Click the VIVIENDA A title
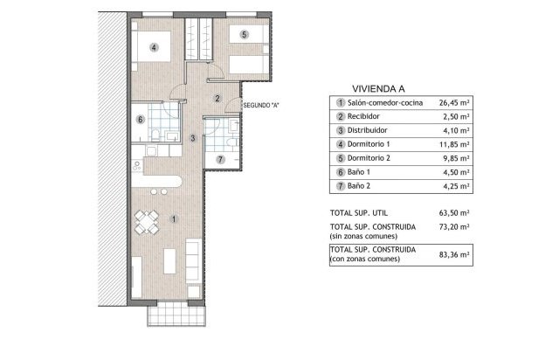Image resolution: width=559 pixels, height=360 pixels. click(x=378, y=89)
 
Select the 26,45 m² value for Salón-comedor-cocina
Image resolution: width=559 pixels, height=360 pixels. click(x=454, y=103)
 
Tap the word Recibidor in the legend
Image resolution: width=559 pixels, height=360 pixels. click(x=363, y=116)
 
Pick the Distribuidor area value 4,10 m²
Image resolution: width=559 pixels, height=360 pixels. click(x=456, y=130)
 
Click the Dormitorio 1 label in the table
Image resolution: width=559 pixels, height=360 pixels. click(x=369, y=144)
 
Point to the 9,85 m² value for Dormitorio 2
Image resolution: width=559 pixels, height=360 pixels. click(x=456, y=158)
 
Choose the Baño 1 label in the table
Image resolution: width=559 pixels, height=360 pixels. click(x=359, y=172)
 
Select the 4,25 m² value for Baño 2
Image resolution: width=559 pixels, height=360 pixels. click(x=456, y=186)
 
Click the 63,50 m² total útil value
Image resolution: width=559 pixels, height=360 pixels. click(x=454, y=213)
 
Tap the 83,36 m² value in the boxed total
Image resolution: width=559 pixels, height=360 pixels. click(x=454, y=255)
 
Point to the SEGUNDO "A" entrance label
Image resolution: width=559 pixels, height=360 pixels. click(x=260, y=106)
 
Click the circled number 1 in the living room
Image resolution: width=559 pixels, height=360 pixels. click(x=174, y=219)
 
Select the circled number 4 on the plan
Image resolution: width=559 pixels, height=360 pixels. click(x=154, y=47)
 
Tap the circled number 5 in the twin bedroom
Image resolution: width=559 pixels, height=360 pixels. click(x=245, y=35)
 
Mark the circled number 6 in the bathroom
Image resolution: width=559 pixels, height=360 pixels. click(x=141, y=120)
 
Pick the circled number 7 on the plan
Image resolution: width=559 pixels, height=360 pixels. click(x=220, y=160)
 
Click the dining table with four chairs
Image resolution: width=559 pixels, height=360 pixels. click(x=147, y=222)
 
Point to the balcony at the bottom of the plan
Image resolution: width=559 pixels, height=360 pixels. click(x=176, y=315)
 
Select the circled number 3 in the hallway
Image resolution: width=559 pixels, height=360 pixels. click(x=193, y=138)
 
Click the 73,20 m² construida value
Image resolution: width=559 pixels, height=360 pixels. click(x=454, y=227)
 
